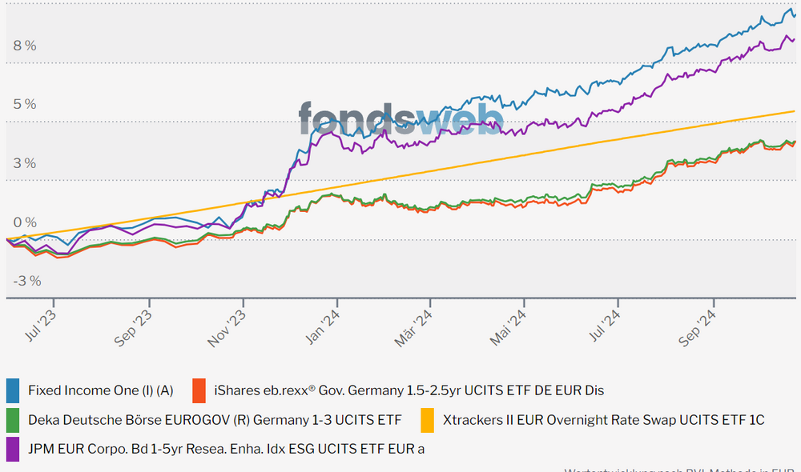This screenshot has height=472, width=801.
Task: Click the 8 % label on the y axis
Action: click(24, 46)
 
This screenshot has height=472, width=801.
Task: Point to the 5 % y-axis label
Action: click(24, 104)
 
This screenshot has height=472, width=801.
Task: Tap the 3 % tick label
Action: click(24, 163)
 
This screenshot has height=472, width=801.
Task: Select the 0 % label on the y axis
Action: click(24, 222)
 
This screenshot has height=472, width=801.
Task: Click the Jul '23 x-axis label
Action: click(42, 326)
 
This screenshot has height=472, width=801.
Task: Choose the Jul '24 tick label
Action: click(604, 326)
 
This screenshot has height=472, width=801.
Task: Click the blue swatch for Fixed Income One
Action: click(13, 390)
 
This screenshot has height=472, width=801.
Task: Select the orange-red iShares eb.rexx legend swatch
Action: click(199, 390)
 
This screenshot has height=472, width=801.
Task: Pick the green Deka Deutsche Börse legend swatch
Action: click(13, 419)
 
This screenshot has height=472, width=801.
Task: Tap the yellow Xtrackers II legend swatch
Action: click(428, 419)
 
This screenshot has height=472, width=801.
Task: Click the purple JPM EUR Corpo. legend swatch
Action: click(13, 448)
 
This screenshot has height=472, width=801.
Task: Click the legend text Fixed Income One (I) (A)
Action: click(100, 390)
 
